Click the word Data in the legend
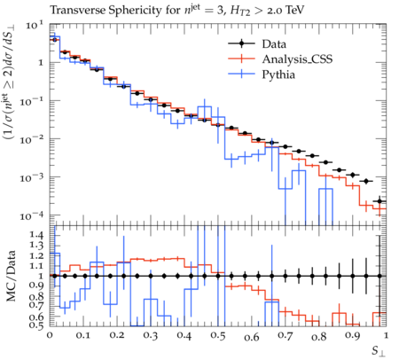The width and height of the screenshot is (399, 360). point(274,44)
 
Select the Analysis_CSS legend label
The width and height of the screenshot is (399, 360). point(297,59)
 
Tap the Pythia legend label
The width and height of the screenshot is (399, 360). point(278,74)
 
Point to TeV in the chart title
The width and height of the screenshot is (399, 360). point(293,11)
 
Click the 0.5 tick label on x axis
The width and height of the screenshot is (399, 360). point(218,336)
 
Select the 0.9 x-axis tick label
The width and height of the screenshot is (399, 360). point(353,336)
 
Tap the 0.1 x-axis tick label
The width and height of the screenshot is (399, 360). point(83,336)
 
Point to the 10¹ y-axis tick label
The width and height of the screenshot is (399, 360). point(35,25)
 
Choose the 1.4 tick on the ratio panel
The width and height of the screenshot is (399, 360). point(36,236)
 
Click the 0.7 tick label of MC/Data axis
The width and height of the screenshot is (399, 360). point(36,305)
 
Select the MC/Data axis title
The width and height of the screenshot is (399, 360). point(12,276)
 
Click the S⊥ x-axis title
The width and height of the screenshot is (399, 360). point(379,351)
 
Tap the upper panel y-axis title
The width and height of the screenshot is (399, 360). point(11,82)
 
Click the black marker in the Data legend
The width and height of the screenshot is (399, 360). point(241,43)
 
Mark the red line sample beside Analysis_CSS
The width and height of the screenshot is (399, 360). point(241,59)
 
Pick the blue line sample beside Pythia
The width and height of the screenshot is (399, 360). point(241,74)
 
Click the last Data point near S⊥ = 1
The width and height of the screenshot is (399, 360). point(379,201)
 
